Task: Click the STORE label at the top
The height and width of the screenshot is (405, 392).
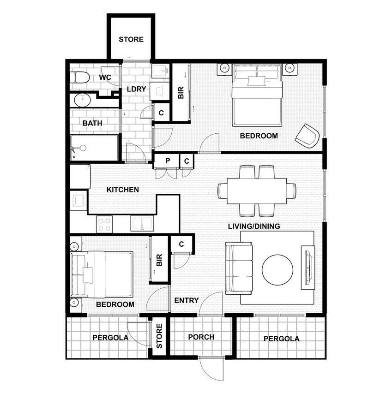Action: (x=131, y=40)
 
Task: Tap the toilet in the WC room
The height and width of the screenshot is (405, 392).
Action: (x=80, y=77)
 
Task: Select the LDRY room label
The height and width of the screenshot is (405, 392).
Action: (x=136, y=89)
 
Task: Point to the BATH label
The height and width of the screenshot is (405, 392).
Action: (x=92, y=124)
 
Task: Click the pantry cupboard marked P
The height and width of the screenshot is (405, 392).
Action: (x=168, y=161)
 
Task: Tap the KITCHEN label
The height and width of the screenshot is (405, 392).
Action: (x=123, y=190)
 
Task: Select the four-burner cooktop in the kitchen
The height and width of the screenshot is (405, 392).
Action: (x=105, y=224)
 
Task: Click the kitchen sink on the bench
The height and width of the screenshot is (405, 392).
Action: (x=142, y=224)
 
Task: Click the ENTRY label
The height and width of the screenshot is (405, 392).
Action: (x=187, y=300)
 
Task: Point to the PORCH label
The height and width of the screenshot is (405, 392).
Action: (x=201, y=337)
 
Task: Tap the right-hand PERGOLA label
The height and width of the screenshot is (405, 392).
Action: (x=282, y=339)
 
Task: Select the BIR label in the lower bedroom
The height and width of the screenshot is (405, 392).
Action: (x=159, y=261)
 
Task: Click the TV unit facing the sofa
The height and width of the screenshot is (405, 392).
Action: (x=308, y=268)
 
